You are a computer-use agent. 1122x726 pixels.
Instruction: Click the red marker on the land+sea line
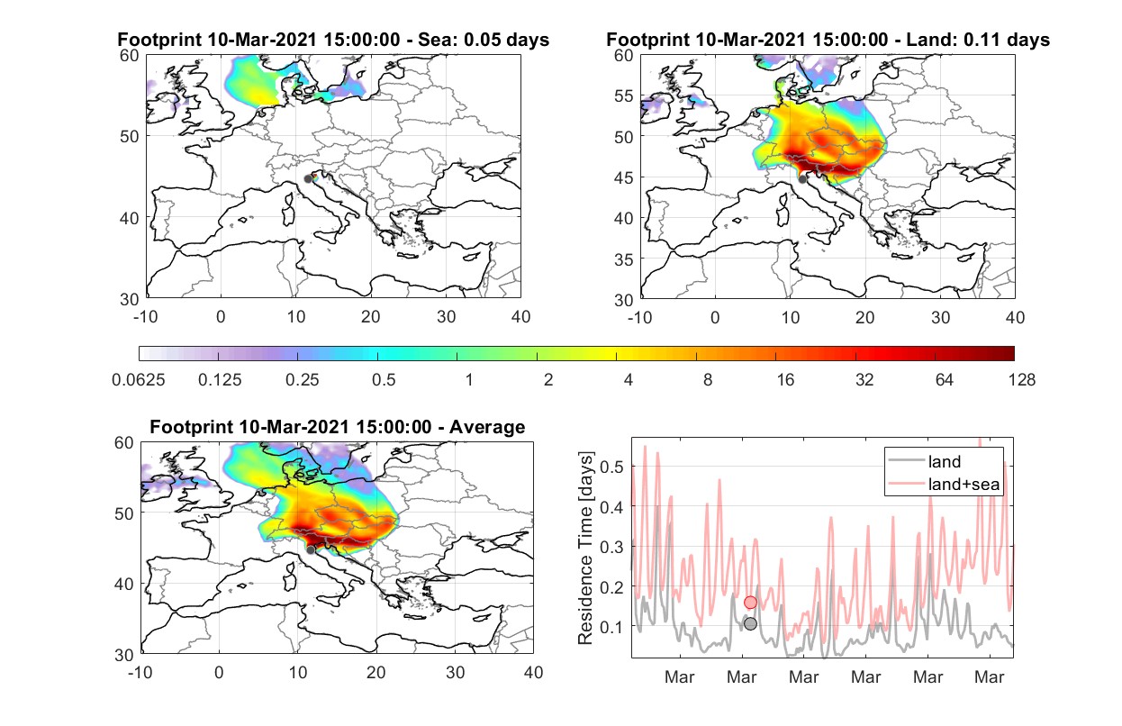coord(750,602)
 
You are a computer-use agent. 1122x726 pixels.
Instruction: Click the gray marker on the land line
coord(750,624)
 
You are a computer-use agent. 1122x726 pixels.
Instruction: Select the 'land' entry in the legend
coord(925,461)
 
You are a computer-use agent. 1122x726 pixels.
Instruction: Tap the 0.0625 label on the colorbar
coord(139,380)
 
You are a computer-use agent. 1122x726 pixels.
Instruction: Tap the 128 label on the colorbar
coord(1021,380)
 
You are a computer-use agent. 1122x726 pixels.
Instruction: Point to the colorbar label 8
coord(707,380)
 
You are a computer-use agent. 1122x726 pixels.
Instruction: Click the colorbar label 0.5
coord(384,380)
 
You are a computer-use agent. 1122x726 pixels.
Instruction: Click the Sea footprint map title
coord(333,40)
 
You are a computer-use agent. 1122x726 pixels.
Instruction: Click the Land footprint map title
coord(828,40)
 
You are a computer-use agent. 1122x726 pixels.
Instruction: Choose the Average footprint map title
coord(338,427)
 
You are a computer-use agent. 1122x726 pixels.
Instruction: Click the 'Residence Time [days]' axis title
coord(585,548)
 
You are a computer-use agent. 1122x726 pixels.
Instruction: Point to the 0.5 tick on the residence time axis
coord(612,467)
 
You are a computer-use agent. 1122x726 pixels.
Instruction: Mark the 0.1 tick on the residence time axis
coord(612,627)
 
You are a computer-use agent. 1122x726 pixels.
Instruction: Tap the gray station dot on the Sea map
coord(308,179)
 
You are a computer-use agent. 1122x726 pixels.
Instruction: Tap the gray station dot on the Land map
coord(802,179)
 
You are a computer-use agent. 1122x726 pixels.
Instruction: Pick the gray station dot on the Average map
coord(311,550)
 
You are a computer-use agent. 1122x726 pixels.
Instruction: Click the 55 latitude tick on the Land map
coord(624,95)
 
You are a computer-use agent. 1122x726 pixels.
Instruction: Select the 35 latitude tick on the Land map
coord(624,259)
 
